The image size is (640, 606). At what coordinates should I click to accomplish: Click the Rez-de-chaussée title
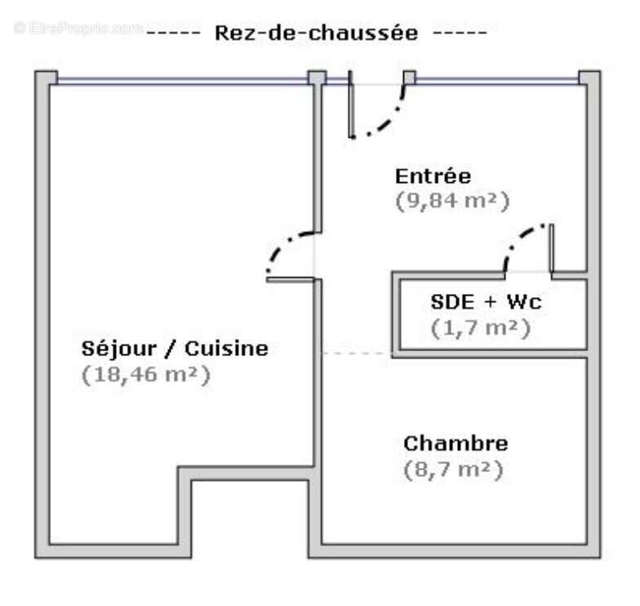pos(316,33)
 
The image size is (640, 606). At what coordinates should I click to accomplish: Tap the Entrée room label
pos(433,176)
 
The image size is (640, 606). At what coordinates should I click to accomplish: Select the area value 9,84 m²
pos(452,201)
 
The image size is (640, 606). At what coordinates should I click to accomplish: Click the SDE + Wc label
pos(486,302)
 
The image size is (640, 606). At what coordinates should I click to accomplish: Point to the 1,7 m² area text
pos(480,328)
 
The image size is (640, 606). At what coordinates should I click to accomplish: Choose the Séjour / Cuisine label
pos(175,349)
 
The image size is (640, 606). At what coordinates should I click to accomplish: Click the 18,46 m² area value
pos(146,375)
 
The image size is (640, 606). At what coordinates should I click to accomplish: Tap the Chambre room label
pos(456,443)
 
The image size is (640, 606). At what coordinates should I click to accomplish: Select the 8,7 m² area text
pos(452,470)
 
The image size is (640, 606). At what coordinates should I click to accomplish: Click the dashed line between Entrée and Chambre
pos(357,354)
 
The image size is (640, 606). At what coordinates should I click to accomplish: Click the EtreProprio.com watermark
pos(78,28)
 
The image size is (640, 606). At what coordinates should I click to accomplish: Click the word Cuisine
pos(227,349)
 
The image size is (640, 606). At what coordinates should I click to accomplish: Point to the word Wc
pos(523,302)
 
